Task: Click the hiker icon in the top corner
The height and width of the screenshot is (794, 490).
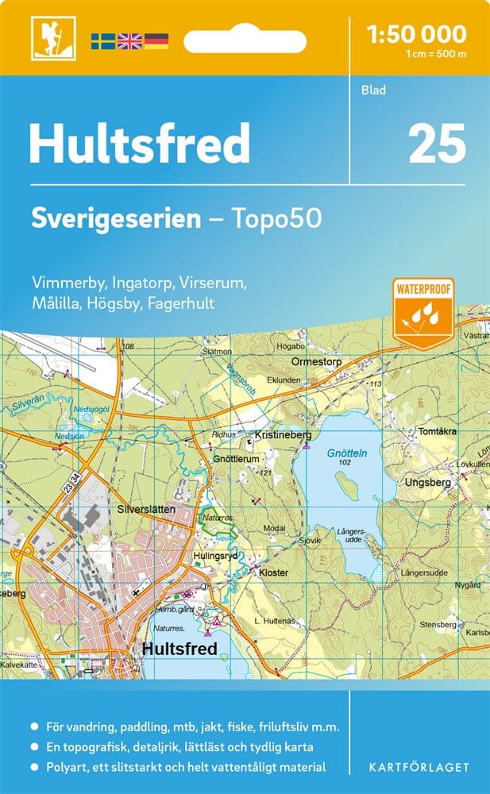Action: click(x=47, y=37)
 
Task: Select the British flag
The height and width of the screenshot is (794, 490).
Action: click(x=129, y=41)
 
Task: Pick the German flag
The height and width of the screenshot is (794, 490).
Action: click(x=156, y=41)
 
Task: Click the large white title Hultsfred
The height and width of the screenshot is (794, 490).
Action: click(x=140, y=143)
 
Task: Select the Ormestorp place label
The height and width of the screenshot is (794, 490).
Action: click(x=316, y=360)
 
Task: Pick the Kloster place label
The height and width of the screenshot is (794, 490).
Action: click(x=273, y=571)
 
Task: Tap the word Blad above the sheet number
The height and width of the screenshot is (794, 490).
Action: click(x=373, y=90)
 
